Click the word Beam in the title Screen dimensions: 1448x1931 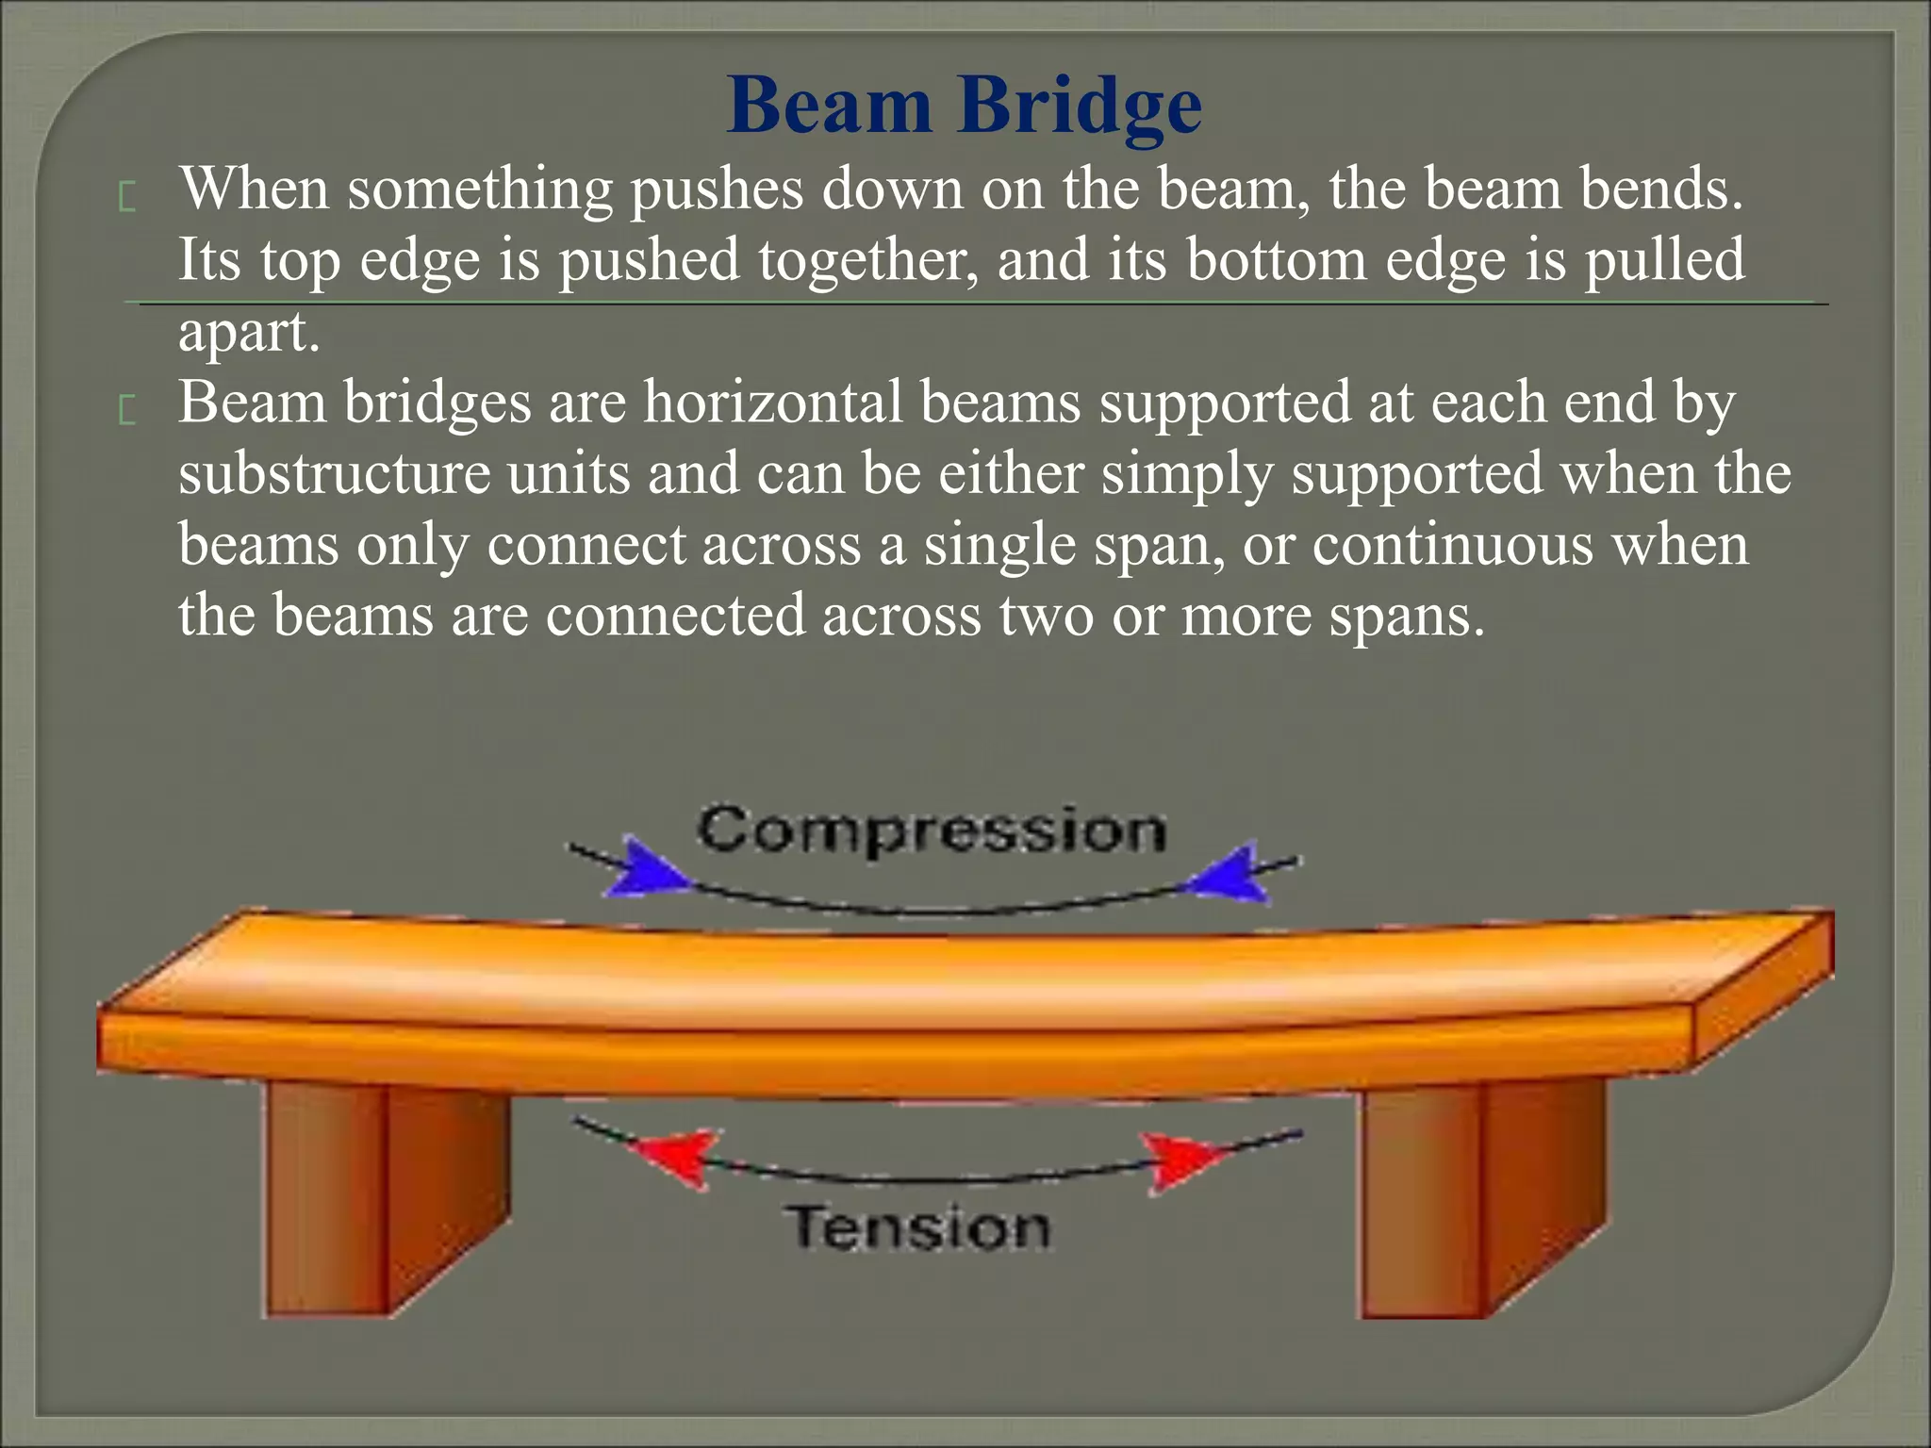point(829,106)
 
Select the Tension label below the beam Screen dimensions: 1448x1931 point(916,1227)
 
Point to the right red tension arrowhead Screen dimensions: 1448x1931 point(1179,1156)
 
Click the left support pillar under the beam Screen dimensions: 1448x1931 point(387,1197)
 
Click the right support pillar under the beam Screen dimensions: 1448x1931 point(1480,1197)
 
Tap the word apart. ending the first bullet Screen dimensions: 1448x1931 point(249,332)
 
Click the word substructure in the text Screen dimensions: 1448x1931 point(334,473)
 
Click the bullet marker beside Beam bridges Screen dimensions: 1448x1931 point(128,411)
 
